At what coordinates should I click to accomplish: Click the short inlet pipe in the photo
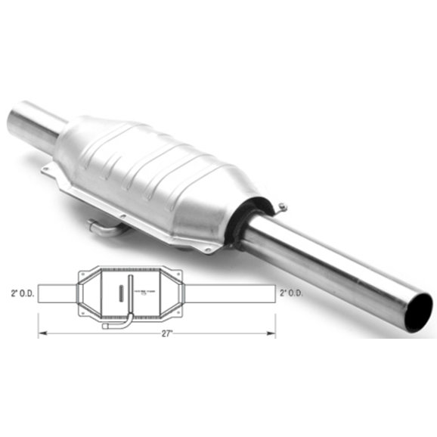(34, 126)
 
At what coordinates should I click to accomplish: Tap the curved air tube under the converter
(103, 226)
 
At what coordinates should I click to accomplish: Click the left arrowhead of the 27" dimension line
(41, 331)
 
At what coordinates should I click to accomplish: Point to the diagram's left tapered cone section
(86, 293)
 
